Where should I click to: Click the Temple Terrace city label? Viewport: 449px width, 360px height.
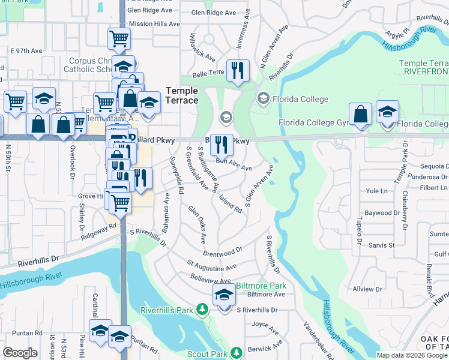click(x=182, y=95)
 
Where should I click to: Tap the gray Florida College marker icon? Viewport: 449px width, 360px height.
click(x=262, y=97)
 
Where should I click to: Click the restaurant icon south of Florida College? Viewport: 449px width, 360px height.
click(x=221, y=144)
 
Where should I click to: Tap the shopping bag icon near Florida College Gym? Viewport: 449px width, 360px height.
click(x=360, y=113)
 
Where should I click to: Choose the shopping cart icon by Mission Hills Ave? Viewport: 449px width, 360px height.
click(x=119, y=39)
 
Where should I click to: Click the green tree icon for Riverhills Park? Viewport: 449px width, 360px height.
click(x=203, y=310)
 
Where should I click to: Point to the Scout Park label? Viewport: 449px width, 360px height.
click(x=207, y=354)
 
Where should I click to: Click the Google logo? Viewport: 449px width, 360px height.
click(x=20, y=353)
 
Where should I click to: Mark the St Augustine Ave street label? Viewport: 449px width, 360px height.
click(x=211, y=265)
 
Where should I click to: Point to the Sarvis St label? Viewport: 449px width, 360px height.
click(x=381, y=245)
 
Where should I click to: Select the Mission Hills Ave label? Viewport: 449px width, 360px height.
click(x=154, y=24)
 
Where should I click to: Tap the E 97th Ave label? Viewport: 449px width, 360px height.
click(x=26, y=50)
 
